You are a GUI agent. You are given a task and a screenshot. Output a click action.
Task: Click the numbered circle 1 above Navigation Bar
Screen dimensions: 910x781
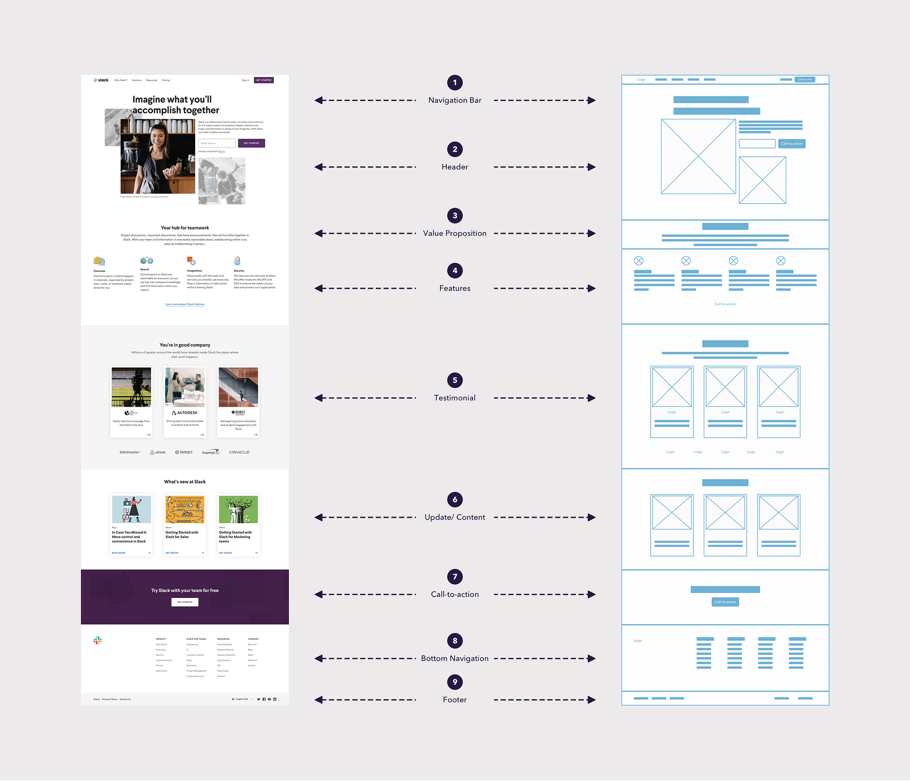coord(455,82)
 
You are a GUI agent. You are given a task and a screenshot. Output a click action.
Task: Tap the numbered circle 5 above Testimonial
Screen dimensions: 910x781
coord(455,380)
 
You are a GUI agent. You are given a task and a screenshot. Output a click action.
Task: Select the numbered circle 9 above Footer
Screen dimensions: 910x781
coord(455,682)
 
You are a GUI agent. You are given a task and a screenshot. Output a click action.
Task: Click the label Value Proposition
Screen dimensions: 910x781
coord(455,233)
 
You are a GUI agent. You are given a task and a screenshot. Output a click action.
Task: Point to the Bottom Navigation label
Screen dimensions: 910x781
coord(455,658)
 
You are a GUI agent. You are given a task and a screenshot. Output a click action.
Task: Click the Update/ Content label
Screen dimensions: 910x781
coord(455,517)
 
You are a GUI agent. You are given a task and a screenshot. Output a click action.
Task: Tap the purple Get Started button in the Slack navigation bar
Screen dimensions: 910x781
coord(263,80)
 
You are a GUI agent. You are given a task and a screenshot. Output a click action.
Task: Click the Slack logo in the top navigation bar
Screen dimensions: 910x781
coord(101,80)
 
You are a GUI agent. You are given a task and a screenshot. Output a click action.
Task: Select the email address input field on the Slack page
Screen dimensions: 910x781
coord(217,143)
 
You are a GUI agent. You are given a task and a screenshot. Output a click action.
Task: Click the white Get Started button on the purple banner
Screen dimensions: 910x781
coord(185,602)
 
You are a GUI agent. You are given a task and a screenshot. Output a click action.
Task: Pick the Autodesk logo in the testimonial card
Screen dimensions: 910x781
coord(185,413)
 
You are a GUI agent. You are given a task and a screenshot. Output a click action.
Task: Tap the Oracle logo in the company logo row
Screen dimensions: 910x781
coord(239,452)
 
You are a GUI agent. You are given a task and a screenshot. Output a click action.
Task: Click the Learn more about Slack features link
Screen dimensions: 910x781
coord(185,304)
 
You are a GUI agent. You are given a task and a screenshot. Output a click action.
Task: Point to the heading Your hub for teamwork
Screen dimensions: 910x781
coord(185,228)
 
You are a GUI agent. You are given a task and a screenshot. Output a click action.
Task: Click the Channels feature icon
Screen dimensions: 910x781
coord(99,261)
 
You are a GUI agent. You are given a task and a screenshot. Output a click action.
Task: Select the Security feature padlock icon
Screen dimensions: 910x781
coord(237,260)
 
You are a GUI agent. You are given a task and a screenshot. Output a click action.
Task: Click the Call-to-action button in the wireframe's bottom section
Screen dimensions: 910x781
coord(725,602)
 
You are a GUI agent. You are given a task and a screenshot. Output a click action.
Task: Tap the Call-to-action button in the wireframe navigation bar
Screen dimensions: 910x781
coord(804,80)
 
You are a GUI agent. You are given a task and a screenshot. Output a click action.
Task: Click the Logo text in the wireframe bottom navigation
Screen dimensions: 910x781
coord(637,641)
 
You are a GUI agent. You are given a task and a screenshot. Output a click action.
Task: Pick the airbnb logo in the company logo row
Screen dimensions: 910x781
coord(158,452)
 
